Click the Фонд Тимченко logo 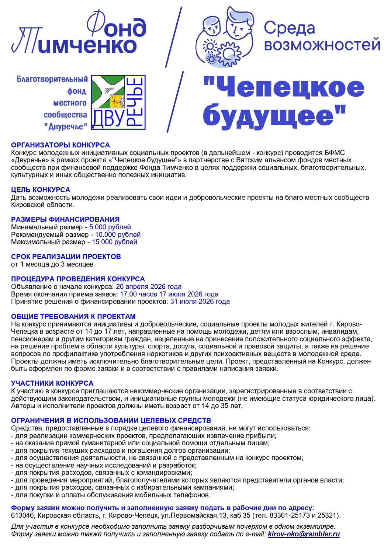(79, 35)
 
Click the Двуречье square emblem (118, 102)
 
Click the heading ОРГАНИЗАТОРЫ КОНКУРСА (60, 145)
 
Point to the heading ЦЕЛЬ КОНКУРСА (41, 190)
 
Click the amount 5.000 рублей (110, 227)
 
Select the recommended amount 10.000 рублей (118, 234)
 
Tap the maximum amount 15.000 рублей (114, 242)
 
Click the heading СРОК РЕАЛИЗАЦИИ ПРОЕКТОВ (66, 257)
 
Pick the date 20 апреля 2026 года (149, 286)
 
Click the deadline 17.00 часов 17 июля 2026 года (169, 294)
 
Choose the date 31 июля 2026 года (200, 302)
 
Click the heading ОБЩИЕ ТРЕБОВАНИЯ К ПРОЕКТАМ (73, 316)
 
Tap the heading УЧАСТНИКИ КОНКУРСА (52, 383)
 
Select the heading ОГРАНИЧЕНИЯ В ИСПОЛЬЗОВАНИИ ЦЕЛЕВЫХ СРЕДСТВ (111, 420)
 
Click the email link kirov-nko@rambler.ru (304, 534)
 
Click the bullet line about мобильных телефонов (111, 495)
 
